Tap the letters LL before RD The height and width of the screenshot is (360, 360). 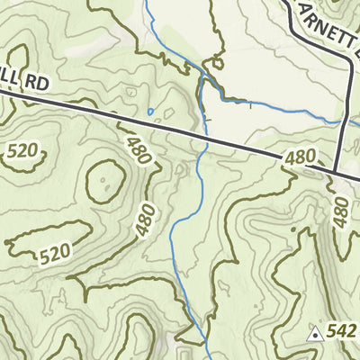pyautogui.click(x=8, y=79)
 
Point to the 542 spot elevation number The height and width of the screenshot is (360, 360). pyautogui.click(x=342, y=332)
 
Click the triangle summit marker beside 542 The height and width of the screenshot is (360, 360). pyautogui.click(x=315, y=334)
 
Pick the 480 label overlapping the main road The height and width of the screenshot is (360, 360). pyautogui.click(x=300, y=158)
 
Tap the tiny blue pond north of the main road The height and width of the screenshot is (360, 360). pyautogui.click(x=150, y=112)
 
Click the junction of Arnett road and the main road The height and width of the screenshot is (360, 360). pyautogui.click(x=335, y=175)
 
